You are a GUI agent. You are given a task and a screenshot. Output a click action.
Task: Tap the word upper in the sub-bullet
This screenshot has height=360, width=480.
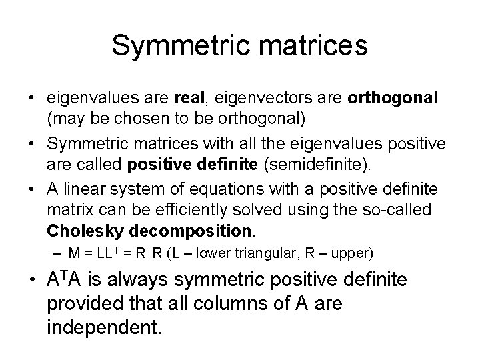(x=355, y=254)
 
